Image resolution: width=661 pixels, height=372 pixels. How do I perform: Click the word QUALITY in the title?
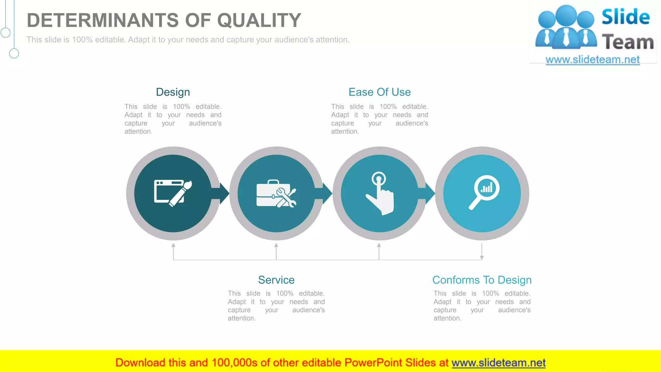[259, 20]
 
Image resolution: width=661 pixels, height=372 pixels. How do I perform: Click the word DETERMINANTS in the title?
[103, 20]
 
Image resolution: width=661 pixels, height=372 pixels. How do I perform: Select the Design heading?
[173, 92]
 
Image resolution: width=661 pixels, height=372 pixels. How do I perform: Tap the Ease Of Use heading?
[380, 92]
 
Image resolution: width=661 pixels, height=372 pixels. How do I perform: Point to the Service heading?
[276, 280]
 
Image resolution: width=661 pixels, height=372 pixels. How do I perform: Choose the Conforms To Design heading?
[482, 280]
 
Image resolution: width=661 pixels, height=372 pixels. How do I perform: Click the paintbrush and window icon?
[173, 193]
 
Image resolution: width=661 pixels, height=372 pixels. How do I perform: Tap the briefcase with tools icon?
[276, 194]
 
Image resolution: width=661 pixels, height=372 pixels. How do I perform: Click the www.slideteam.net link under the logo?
[593, 60]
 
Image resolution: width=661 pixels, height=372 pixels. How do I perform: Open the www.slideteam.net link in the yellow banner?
[498, 363]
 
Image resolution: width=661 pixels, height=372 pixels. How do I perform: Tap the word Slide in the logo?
[625, 17]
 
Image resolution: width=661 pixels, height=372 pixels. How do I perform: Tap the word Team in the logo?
[628, 42]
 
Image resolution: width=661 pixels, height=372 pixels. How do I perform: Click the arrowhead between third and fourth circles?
[430, 193]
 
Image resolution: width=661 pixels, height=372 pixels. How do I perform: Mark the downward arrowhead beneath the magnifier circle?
[482, 257]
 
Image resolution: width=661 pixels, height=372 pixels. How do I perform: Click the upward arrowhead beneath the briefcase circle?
[276, 245]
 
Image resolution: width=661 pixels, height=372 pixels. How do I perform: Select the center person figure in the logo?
[566, 27]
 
